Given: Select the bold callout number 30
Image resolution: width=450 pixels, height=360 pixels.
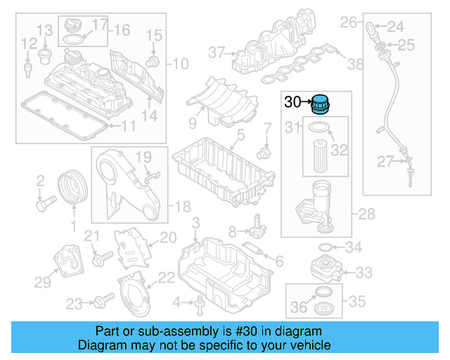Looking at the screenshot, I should point(292,103).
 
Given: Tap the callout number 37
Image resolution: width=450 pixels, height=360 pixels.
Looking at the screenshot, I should point(215,51).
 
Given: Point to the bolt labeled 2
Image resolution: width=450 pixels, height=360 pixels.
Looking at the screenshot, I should point(45,204).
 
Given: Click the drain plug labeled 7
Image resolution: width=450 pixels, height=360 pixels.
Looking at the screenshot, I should point(264,150).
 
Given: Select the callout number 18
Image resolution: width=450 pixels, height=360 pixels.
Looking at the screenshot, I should point(182,206).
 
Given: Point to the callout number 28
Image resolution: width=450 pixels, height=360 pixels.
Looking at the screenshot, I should point(367,213).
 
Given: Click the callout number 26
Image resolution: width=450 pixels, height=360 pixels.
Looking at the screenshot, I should point(349,23).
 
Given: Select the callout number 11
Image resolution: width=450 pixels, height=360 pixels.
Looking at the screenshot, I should point(127,127).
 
